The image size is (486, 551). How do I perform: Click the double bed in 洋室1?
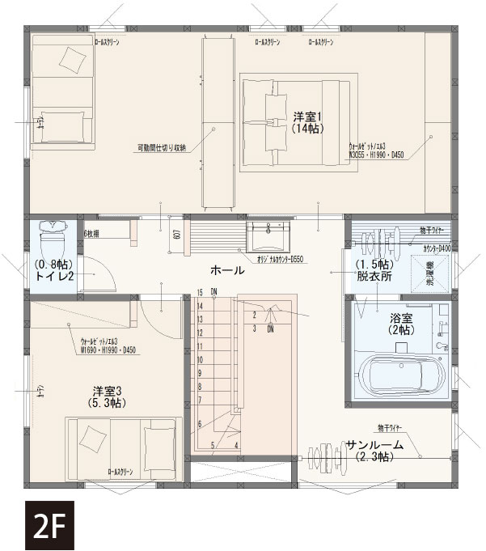pyautogui.click(x=298, y=121)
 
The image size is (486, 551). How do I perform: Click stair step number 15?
pyautogui.click(x=200, y=292)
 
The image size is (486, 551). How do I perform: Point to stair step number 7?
pyautogui.click(x=200, y=400)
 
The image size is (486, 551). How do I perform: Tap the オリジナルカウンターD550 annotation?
pyautogui.click(x=280, y=260)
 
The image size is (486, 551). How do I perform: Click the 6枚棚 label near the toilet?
pyautogui.click(x=95, y=233)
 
